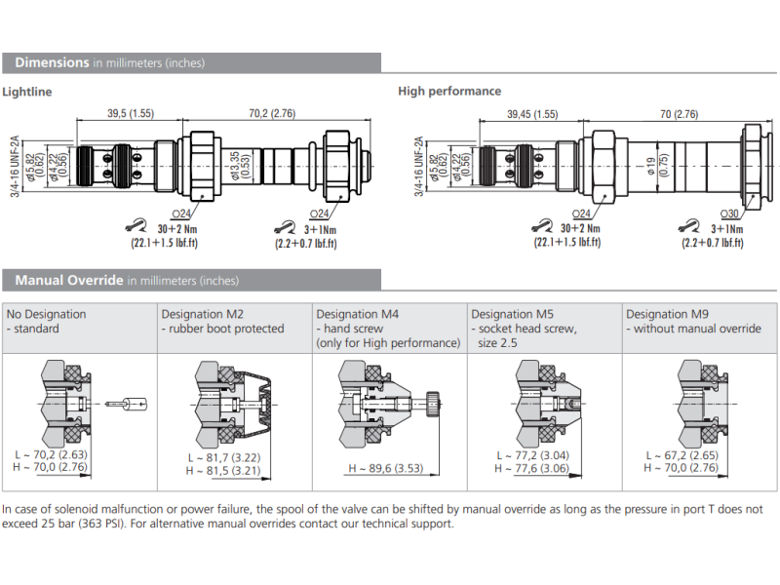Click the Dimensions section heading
point(51,62)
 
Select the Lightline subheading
point(27,92)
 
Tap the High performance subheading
point(449,92)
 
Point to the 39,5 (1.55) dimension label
point(130,114)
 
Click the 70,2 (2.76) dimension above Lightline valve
point(257,114)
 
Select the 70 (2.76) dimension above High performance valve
point(679,114)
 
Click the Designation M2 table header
point(202,314)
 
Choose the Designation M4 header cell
point(357,314)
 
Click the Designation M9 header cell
point(667,314)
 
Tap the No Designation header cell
point(46,314)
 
